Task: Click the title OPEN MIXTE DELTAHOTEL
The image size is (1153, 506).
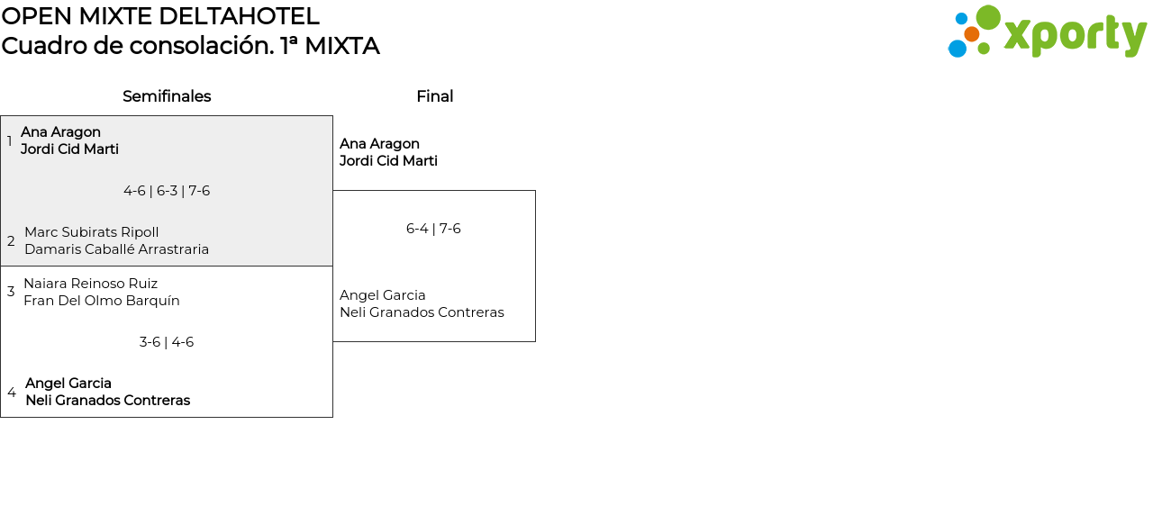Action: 160,16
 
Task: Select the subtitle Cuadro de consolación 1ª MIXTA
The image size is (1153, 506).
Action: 190,46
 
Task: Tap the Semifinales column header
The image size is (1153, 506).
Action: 167,96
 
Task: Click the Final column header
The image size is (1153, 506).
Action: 434,96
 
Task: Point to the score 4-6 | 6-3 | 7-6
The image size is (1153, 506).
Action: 167,191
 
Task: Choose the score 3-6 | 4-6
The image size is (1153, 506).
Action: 167,342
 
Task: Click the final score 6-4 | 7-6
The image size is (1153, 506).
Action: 433,229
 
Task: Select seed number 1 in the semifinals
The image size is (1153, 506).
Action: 10,141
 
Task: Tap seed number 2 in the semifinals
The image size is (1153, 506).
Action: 11,241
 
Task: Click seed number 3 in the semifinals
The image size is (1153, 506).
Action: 11,292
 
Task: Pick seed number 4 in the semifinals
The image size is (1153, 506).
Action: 12,393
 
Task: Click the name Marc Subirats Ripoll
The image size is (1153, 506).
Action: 92,232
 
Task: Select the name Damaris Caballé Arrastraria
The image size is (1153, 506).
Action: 117,249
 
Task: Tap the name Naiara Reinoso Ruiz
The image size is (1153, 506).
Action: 91,284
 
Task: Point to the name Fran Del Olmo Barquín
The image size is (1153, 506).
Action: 102,301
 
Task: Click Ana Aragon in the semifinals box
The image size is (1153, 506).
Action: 61,132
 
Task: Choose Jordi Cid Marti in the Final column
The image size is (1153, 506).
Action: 388,161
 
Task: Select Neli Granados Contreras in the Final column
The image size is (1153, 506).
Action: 422,312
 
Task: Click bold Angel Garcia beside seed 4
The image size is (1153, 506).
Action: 68,384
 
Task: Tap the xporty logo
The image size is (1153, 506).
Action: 1047,32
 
